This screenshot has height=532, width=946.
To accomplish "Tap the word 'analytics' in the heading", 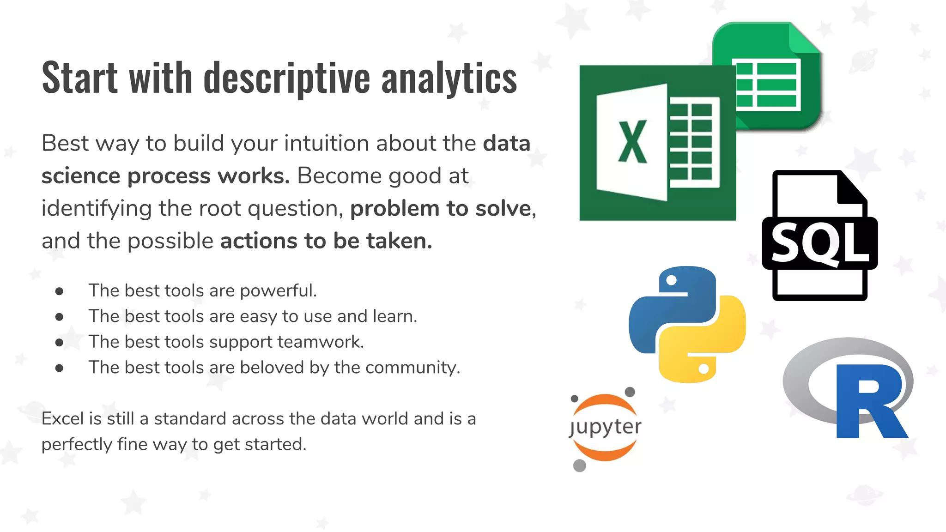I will [449, 78].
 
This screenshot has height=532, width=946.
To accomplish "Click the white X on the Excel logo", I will [632, 142].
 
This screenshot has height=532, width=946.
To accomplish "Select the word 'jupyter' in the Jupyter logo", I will [605, 427].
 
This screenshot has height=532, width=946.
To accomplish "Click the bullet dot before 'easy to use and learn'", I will [59, 317].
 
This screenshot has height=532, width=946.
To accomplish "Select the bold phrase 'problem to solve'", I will [441, 208].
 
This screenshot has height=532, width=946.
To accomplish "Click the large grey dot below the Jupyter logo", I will [579, 465].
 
